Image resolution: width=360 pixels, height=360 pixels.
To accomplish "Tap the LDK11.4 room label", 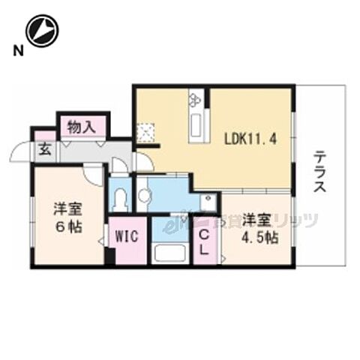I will click(253, 137).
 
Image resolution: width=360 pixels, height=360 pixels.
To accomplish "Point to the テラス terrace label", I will click(319, 172).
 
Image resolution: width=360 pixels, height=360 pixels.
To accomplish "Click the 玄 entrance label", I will click(44, 148).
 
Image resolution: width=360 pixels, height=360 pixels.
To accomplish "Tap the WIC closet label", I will click(124, 236).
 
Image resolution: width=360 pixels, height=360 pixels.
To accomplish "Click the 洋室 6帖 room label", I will click(66, 217).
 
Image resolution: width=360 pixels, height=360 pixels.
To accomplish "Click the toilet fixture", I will click(120, 199).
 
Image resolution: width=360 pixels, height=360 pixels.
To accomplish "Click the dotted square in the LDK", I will click(145, 133).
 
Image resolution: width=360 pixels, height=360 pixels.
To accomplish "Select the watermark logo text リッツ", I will click(296, 220).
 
